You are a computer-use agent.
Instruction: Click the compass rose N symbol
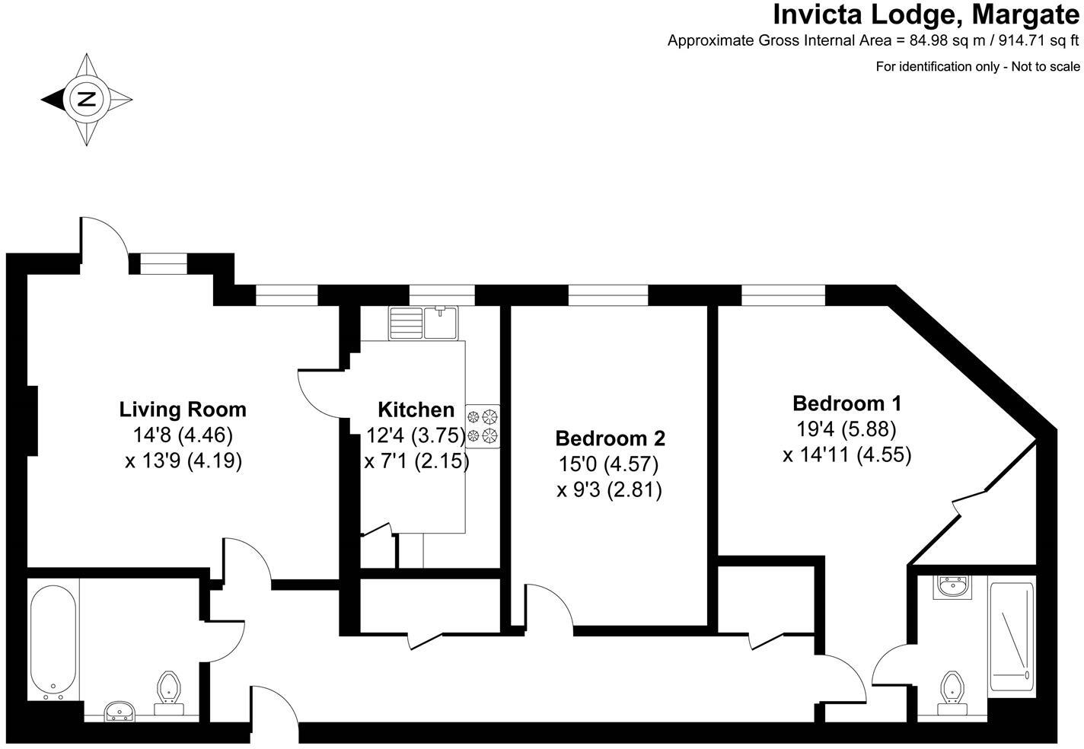click(87, 99)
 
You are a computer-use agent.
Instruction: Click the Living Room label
click(183, 410)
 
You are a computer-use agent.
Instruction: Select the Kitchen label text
click(416, 410)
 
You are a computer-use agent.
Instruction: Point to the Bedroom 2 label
click(610, 438)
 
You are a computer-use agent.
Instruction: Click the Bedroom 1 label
click(846, 403)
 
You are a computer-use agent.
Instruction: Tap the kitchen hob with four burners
click(483, 425)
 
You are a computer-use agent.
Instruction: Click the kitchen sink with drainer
click(422, 322)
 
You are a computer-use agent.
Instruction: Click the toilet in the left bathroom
click(169, 691)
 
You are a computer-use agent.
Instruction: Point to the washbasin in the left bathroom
click(119, 711)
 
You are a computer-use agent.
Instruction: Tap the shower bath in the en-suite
click(1012, 635)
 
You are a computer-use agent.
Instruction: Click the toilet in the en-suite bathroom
click(951, 691)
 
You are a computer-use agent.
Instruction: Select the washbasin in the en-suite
click(951, 587)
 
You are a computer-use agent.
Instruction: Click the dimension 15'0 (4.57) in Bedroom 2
click(608, 464)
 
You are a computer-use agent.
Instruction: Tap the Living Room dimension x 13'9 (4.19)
click(183, 461)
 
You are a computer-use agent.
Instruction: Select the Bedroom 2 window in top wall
click(607, 294)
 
